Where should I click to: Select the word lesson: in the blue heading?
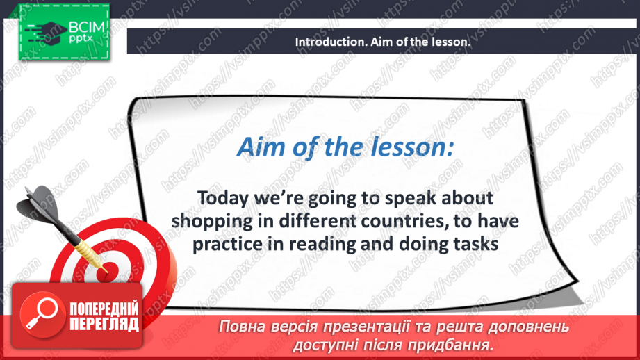click(x=411, y=147)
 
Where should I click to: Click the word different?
click(x=317, y=221)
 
